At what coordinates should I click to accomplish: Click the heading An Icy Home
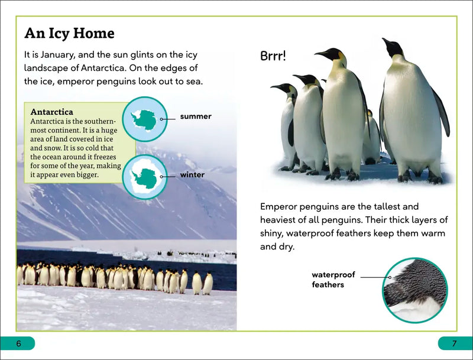click(69, 33)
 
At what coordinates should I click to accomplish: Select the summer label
click(196, 116)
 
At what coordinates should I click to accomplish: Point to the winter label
click(192, 175)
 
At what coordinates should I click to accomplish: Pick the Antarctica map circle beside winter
click(145, 176)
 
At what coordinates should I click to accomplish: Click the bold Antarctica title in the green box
click(51, 112)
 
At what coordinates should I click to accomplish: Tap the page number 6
click(18, 343)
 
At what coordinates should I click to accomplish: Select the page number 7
click(454, 343)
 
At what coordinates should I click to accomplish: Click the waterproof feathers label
click(333, 280)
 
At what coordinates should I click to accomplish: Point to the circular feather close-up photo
click(414, 289)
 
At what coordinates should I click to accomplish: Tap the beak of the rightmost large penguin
click(388, 43)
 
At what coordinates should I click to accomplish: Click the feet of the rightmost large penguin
click(420, 177)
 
